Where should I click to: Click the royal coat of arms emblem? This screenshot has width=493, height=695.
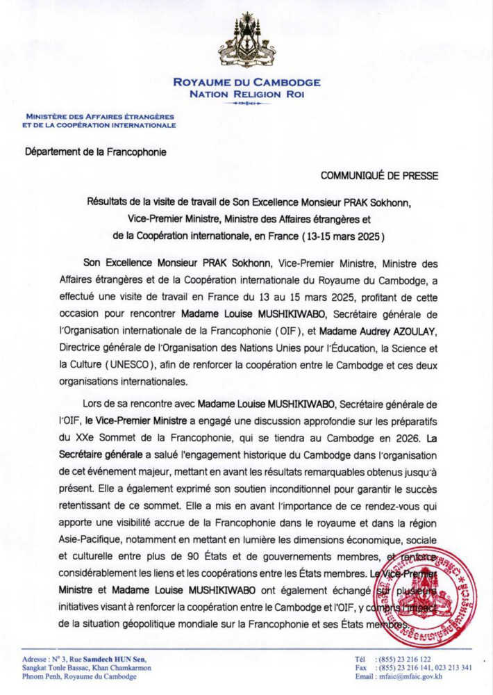pyautogui.click(x=246, y=40)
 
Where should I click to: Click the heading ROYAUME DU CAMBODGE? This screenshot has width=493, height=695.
pyautogui.click(x=246, y=83)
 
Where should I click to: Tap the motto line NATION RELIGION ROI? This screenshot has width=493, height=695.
pyautogui.click(x=246, y=94)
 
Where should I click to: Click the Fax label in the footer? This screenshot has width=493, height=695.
pyautogui.click(x=361, y=668)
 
